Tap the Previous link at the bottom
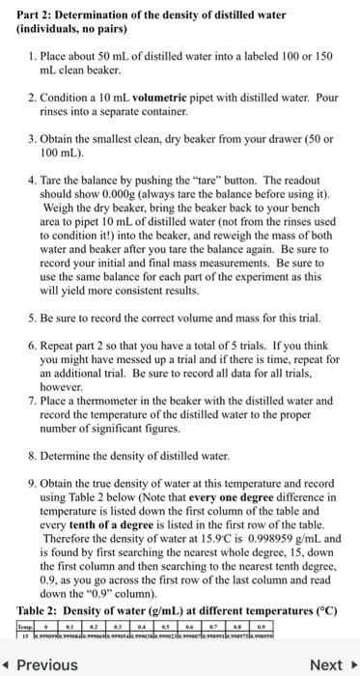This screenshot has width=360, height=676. [x=42, y=664]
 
